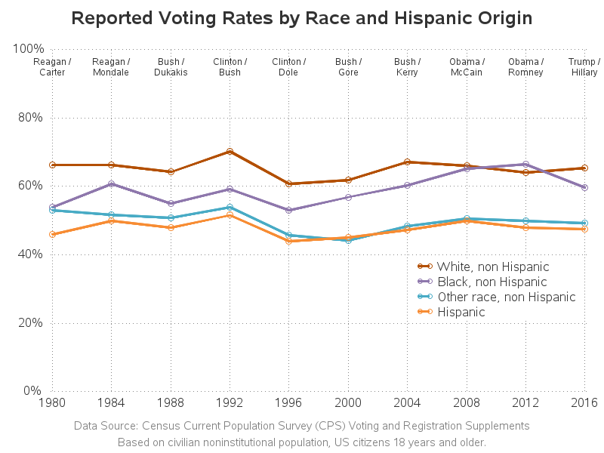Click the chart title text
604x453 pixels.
pyautogui.click(x=302, y=17)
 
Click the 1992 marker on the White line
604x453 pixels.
pyautogui.click(x=230, y=152)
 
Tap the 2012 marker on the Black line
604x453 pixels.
pyautogui.click(x=525, y=165)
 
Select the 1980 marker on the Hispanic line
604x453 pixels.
pyautogui.click(x=52, y=234)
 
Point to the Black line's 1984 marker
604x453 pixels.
pyautogui.click(x=111, y=183)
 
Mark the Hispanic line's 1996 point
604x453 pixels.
pyautogui.click(x=288, y=241)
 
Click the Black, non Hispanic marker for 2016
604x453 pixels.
pyautogui.click(x=584, y=187)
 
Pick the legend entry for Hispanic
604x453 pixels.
pyautogui.click(x=461, y=312)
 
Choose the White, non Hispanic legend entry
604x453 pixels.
pyautogui.click(x=492, y=267)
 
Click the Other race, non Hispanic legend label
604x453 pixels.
pyautogui.click(x=506, y=297)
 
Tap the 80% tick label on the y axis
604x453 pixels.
pyautogui.click(x=28, y=117)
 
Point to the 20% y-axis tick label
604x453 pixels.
pyautogui.click(x=28, y=322)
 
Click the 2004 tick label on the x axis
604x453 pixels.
pyautogui.click(x=407, y=403)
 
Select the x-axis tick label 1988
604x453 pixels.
pyautogui.click(x=171, y=403)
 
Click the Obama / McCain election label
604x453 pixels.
pyautogui.click(x=467, y=66)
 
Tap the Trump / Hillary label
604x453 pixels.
pyautogui.click(x=584, y=66)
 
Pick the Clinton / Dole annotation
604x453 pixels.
pyautogui.click(x=288, y=66)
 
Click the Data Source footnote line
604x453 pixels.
pyautogui.click(x=302, y=426)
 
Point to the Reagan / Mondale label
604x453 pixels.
pyautogui.click(x=111, y=66)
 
